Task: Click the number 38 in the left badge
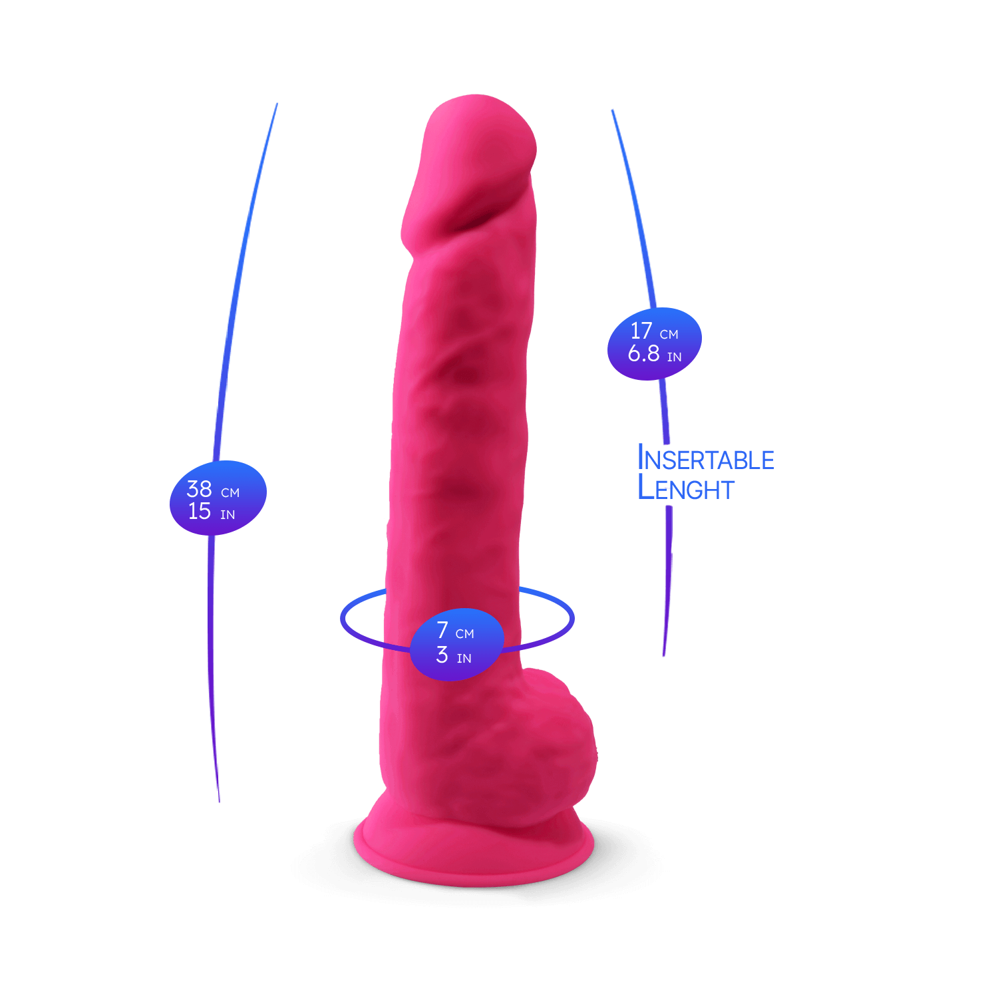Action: (x=199, y=489)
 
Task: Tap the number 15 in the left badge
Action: (x=199, y=512)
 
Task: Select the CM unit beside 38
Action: (x=230, y=493)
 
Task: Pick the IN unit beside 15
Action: (x=228, y=515)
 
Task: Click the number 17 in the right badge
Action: (x=641, y=331)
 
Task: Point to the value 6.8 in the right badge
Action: (x=643, y=354)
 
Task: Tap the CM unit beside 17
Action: (x=669, y=334)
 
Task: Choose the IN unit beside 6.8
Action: (x=674, y=357)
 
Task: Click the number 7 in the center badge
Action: (x=442, y=629)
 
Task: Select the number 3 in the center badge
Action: (x=442, y=655)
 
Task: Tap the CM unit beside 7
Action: (x=465, y=634)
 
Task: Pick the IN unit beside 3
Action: (x=464, y=659)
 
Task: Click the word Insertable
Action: (x=706, y=458)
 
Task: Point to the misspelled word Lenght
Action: (x=686, y=488)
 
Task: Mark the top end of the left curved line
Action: (x=277, y=104)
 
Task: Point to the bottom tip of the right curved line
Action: (x=664, y=655)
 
